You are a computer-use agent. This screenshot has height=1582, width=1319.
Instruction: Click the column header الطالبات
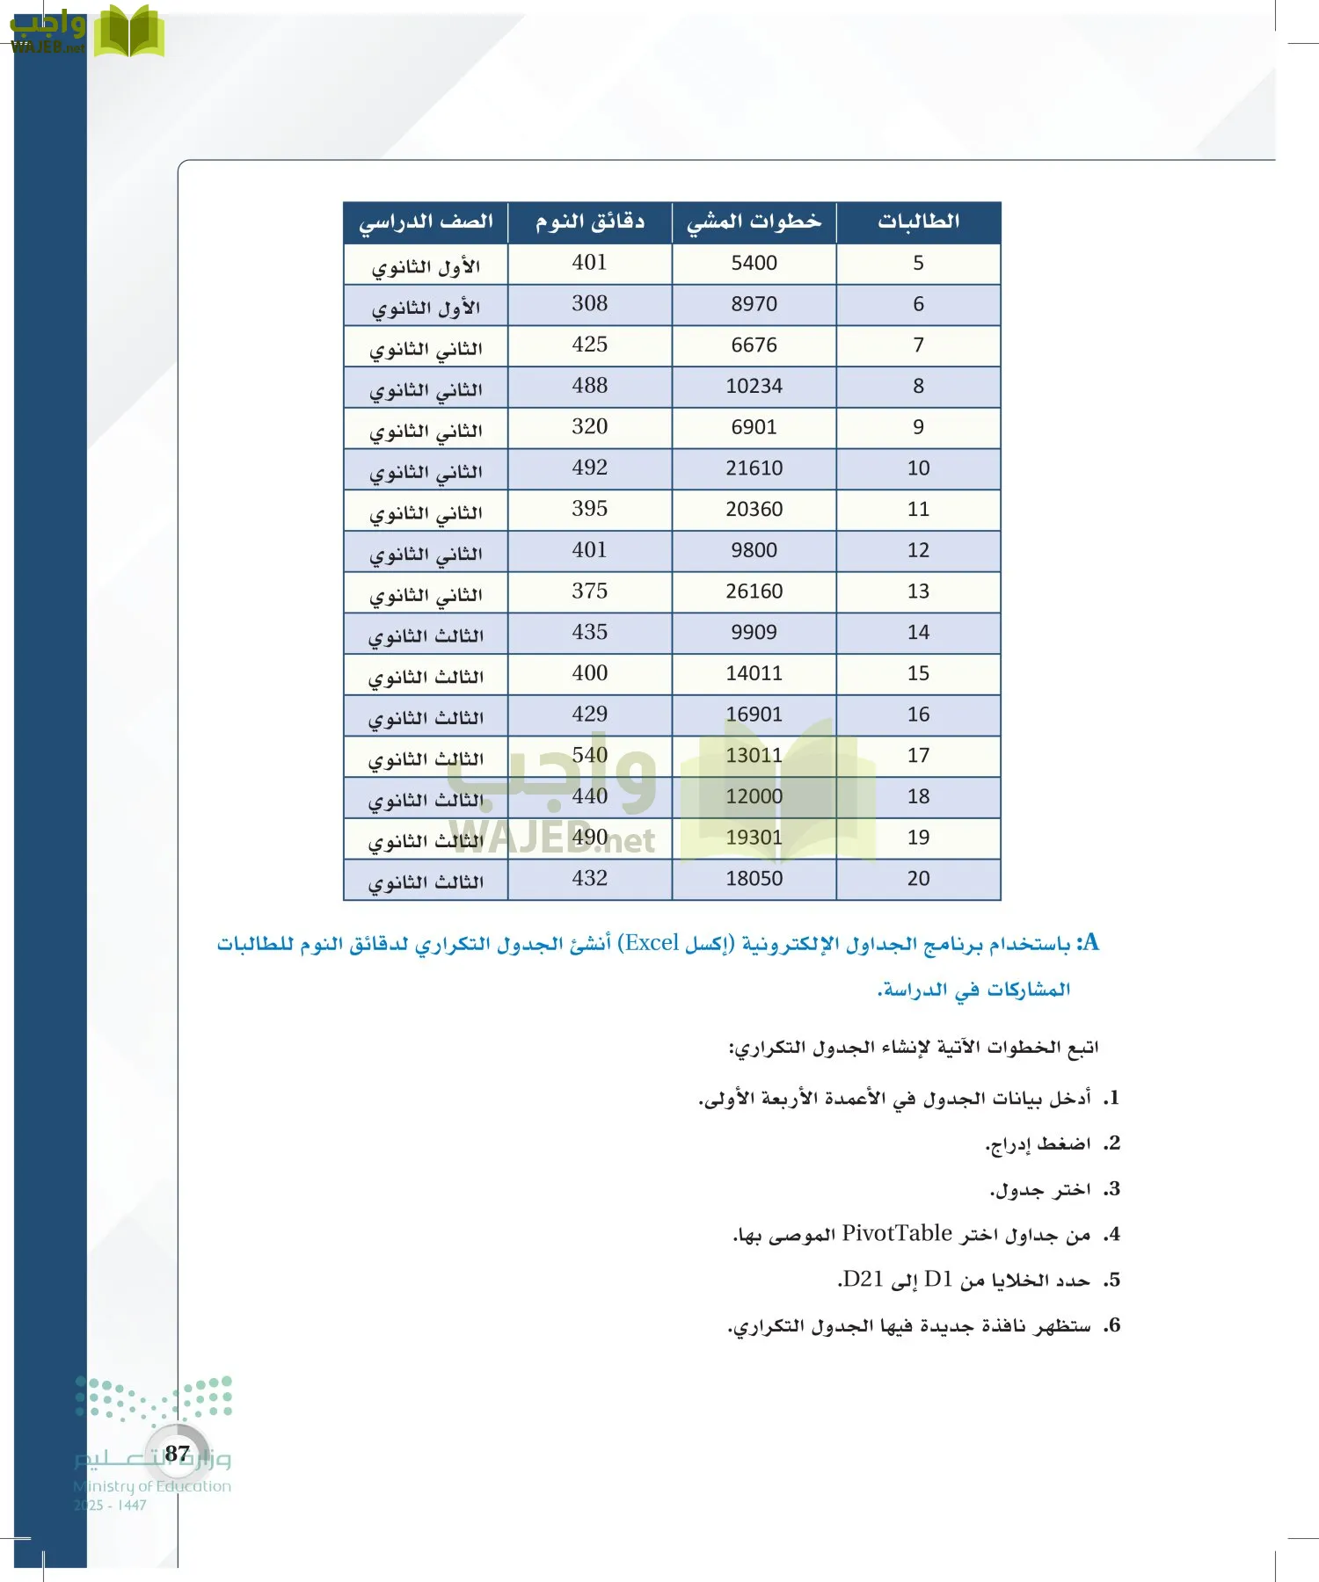pos(918,222)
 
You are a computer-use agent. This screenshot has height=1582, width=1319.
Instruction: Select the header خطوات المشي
pos(754,222)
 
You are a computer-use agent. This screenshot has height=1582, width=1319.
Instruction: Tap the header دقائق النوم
pos(590,222)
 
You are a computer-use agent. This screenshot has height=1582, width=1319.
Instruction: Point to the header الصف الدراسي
pos(426,222)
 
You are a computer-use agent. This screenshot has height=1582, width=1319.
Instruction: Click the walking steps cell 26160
pos(754,591)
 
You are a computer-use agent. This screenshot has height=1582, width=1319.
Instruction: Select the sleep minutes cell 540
pos(589,756)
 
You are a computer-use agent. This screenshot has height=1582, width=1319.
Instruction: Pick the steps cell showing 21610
pos(754,468)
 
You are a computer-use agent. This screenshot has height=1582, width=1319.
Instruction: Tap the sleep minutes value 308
pos(589,304)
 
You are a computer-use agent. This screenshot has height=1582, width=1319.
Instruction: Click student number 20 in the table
pos(918,879)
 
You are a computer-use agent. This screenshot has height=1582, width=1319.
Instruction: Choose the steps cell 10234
pos(754,387)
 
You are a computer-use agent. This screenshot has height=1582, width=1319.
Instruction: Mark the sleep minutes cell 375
pos(589,591)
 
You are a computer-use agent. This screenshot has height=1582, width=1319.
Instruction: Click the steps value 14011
pos(754,674)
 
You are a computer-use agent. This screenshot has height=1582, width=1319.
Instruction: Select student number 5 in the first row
pos(918,264)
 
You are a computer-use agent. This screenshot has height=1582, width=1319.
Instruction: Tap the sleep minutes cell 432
pos(589,879)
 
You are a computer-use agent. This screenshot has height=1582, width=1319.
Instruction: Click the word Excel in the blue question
pos(652,944)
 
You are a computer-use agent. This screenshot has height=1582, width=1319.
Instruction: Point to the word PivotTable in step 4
pos(897,1234)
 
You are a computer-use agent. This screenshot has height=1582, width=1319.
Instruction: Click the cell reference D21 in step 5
pos(862,1280)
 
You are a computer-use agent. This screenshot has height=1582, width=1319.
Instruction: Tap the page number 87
pos(177,1454)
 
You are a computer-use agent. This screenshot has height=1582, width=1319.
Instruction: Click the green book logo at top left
pos(129,33)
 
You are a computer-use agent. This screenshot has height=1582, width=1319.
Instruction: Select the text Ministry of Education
pos(152,1486)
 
